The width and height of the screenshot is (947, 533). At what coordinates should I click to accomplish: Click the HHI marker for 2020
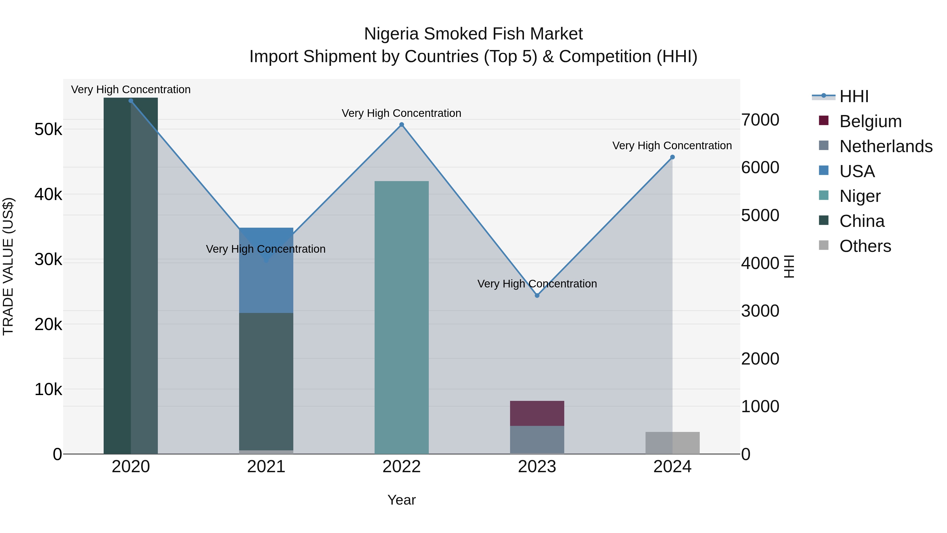[131, 101]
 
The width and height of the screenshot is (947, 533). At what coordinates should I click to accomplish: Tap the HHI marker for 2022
[401, 125]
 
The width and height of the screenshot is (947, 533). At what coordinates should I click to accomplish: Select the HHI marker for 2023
[537, 295]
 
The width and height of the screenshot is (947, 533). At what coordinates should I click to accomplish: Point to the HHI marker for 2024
[672, 157]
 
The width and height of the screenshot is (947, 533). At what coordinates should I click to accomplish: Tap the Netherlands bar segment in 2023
[537, 440]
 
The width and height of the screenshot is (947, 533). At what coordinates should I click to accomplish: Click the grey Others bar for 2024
[672, 443]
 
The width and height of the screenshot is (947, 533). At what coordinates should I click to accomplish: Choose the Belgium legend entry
[870, 121]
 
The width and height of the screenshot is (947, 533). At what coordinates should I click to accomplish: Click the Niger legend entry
[860, 196]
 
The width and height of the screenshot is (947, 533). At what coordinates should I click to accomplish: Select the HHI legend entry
[854, 96]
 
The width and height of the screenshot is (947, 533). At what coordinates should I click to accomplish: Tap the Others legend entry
[865, 246]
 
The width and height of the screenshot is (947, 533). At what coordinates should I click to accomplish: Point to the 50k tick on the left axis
[48, 129]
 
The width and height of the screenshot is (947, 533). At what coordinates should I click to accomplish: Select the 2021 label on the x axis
[266, 467]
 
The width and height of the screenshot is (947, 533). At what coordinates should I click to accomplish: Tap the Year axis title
[401, 500]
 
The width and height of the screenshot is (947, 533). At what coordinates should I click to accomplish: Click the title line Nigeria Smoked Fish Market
[473, 34]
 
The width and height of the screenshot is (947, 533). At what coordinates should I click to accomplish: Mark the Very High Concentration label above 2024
[672, 146]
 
